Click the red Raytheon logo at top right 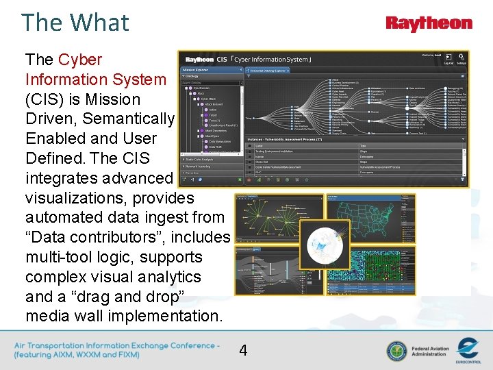(429, 24)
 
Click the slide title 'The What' (75, 23)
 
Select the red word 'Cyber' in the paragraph (80, 60)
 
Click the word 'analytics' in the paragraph (168, 277)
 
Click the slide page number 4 (243, 351)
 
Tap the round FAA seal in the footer (396, 351)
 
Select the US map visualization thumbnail (370, 218)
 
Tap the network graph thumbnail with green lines (279, 218)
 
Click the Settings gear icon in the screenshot (461, 60)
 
